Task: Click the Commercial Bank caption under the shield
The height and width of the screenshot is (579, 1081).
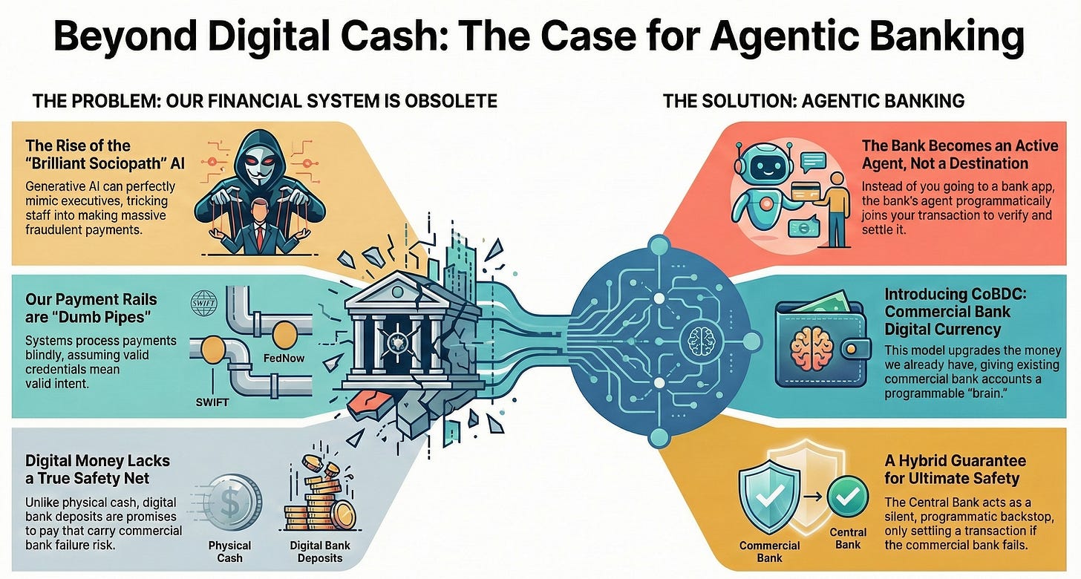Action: pos(769,552)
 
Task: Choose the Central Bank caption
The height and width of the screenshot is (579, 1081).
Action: pos(848,538)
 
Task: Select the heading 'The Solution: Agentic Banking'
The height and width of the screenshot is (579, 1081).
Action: pos(814,100)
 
